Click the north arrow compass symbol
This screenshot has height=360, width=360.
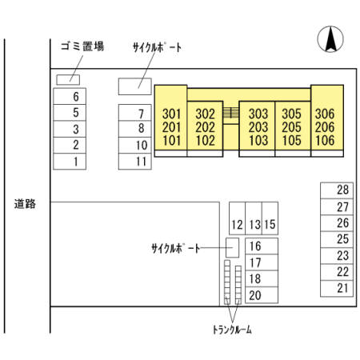coord(330,39)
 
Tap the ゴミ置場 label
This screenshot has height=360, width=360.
coord(82,46)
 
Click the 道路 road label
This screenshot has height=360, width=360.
coord(25,204)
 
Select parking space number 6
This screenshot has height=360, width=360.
coord(70,96)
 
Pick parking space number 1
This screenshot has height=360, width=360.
coord(70,162)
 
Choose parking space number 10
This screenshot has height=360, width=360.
coord(135,146)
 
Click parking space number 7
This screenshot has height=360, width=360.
coord(135,113)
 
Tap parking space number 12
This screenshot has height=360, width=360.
coord(237,218)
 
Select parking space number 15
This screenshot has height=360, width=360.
coord(270,218)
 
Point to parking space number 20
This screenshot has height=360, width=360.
coord(262,295)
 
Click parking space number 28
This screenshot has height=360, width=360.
coord(337,190)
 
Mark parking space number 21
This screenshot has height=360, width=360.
coord(337,289)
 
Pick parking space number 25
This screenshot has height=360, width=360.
coord(337,239)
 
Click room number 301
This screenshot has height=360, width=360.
coord(172,114)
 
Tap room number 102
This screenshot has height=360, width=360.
coord(205,140)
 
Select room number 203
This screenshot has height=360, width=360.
coord(258,127)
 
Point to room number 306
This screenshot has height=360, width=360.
coord(325,114)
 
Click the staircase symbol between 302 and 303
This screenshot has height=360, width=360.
coord(230,112)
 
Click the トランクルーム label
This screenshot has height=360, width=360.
coord(232,330)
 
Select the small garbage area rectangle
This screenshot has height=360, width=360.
coord(68,80)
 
